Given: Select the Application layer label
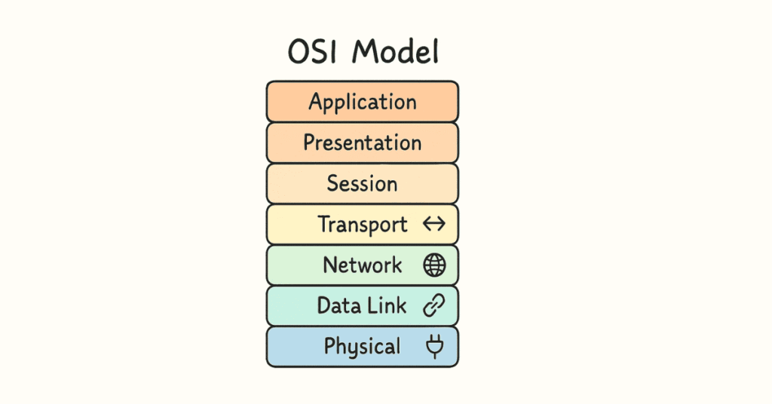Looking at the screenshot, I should [363, 103].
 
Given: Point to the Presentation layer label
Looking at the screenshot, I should [363, 143].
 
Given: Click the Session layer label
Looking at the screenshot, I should [362, 184].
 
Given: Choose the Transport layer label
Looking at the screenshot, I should [363, 225].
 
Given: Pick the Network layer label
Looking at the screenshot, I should [363, 265].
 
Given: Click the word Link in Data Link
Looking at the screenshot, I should [388, 306].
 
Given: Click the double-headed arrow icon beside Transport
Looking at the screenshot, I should [435, 225].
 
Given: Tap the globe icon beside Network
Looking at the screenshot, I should [435, 265].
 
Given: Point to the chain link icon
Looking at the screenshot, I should [434, 306].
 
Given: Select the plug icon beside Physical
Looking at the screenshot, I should [435, 347].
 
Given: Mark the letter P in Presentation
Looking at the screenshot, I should [310, 142].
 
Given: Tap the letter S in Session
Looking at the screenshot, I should [333, 184].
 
